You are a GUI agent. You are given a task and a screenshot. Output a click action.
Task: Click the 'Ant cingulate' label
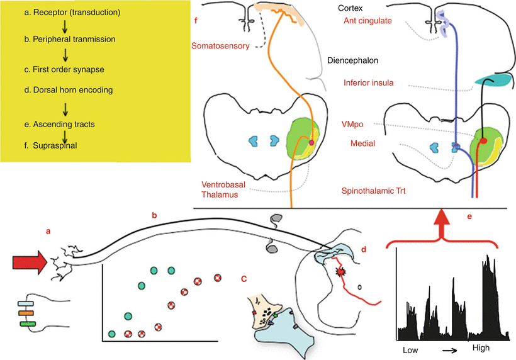coord(367,21)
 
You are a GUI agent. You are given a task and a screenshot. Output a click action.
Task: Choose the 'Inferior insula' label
coord(370,82)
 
